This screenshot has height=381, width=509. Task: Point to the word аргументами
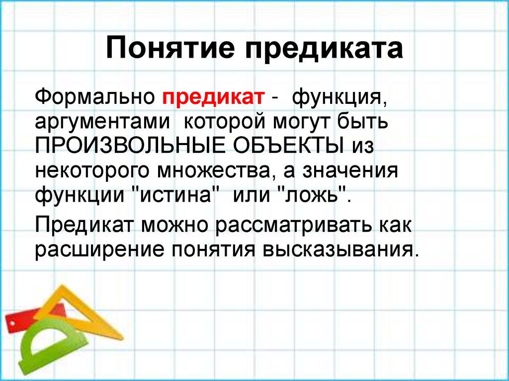click(99, 122)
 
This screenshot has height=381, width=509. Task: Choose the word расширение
click(99, 249)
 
